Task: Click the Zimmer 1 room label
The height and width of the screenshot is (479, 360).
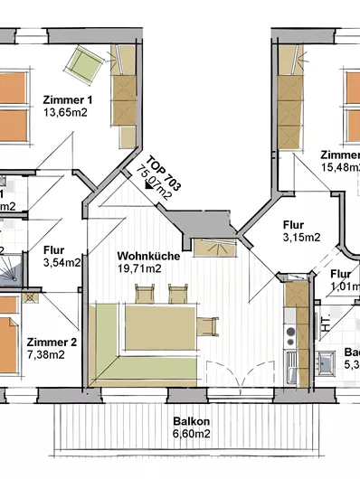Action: [x=68, y=99]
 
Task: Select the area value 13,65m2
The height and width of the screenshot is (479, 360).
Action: [x=68, y=113]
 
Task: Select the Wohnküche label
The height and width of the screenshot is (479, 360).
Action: [x=148, y=256]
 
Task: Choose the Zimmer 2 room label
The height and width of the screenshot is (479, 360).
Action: [x=52, y=342]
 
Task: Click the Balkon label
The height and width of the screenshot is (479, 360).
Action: [x=192, y=421]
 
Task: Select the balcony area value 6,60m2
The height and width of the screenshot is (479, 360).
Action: [x=192, y=434]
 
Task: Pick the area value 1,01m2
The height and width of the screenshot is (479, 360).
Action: [x=345, y=287]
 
